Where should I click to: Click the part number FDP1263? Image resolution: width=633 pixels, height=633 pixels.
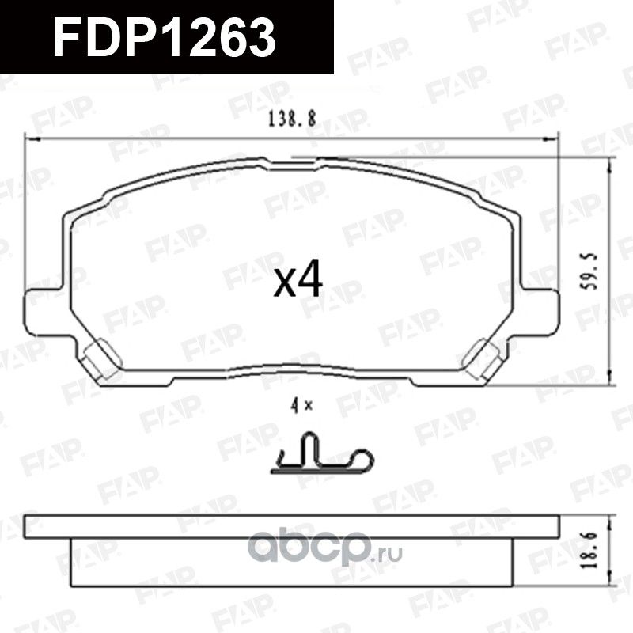[164, 37]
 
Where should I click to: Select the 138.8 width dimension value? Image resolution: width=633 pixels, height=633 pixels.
[293, 119]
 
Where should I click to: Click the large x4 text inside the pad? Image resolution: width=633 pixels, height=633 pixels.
[298, 281]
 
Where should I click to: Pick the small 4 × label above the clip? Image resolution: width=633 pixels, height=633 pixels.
[301, 407]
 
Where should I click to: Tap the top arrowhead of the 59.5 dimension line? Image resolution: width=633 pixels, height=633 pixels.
[611, 161]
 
